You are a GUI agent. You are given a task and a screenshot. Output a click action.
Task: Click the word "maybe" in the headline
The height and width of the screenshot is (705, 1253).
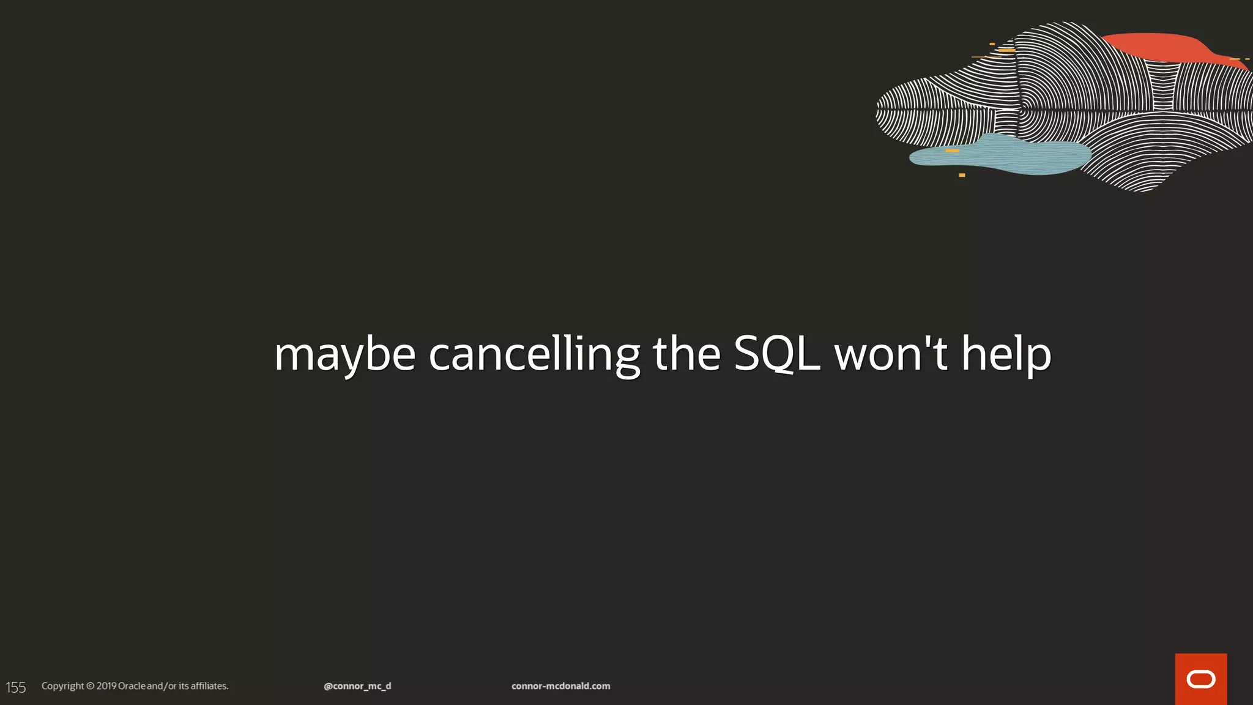click(x=344, y=355)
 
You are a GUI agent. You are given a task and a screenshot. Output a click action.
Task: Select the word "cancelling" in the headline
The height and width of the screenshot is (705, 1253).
click(x=534, y=355)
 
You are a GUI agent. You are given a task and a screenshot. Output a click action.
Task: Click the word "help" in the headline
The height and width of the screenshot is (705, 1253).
click(x=1006, y=355)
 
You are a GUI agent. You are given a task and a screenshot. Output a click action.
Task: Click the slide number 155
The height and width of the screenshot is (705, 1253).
click(x=16, y=687)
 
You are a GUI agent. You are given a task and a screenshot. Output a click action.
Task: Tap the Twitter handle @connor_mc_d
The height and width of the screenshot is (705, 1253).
click(x=357, y=686)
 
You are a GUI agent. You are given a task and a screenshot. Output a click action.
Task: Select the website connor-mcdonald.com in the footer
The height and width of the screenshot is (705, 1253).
click(x=560, y=686)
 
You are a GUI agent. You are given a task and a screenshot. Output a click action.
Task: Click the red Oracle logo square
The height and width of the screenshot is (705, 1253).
click(x=1200, y=679)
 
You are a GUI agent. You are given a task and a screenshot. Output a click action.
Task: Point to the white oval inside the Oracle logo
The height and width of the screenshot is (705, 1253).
click(x=1200, y=679)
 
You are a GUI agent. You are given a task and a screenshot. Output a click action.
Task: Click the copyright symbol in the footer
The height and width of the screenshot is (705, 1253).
click(x=90, y=686)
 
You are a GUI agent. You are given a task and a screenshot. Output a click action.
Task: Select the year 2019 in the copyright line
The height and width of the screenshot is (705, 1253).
click(x=106, y=686)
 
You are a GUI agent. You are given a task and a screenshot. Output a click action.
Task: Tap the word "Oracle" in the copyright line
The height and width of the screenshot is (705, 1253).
click(x=132, y=686)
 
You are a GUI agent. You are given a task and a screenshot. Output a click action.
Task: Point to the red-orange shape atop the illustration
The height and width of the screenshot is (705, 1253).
click(x=1156, y=47)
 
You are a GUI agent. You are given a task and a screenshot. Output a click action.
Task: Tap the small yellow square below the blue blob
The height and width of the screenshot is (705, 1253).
click(x=962, y=175)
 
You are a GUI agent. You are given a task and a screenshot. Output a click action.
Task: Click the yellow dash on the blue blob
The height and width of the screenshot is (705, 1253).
click(x=952, y=151)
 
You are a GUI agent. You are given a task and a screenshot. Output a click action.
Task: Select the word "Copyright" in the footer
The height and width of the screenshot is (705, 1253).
click(x=62, y=686)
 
